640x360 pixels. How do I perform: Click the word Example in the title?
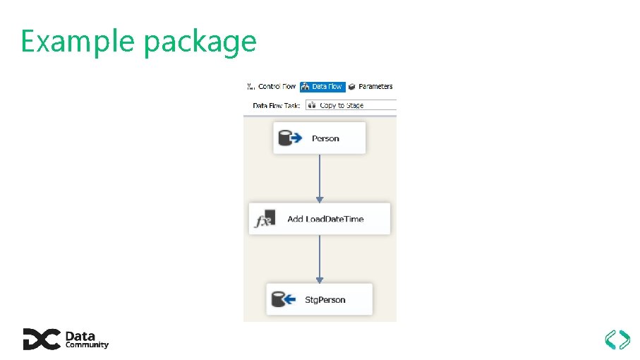tap(78, 42)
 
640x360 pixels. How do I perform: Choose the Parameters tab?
tap(375, 87)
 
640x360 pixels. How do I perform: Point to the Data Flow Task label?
tap(277, 105)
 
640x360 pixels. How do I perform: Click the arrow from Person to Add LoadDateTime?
tap(320, 178)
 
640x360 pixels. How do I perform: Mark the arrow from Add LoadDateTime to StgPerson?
tap(320, 259)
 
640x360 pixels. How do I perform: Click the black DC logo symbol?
tap(41, 340)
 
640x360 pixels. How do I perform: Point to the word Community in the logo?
tap(87, 345)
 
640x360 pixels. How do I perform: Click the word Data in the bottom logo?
tap(80, 336)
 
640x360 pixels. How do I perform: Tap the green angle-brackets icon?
tap(617, 340)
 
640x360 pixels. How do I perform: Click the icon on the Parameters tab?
tap(351, 87)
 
